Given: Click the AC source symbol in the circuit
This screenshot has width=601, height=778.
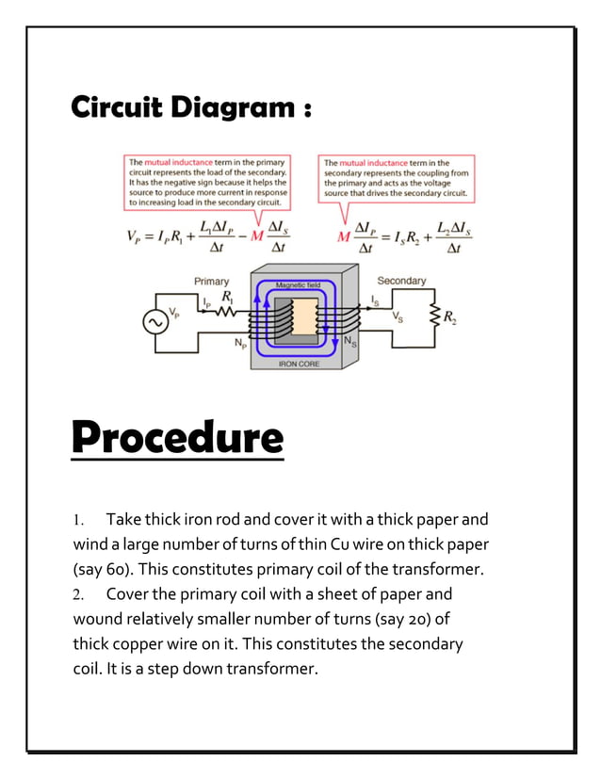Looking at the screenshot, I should click(154, 322).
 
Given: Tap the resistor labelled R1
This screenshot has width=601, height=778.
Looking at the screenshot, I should click(227, 310).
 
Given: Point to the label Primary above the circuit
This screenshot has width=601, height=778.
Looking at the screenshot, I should click(211, 281).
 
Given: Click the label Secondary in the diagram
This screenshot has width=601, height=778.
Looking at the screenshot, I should click(401, 281).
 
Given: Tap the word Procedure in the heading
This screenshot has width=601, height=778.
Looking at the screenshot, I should click(177, 438).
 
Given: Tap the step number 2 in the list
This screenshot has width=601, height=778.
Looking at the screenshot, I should click(78, 595).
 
